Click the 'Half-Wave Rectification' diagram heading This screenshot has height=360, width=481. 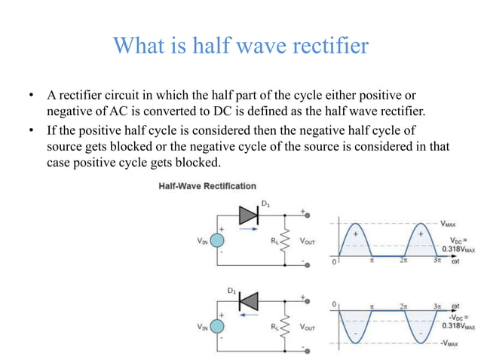(207, 186)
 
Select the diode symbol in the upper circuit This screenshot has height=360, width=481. (248, 215)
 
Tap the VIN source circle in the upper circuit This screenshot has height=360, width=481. (217, 241)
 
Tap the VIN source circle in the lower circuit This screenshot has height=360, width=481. (217, 326)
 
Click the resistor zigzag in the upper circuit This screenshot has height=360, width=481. (283, 241)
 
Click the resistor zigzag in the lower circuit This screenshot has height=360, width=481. (283, 326)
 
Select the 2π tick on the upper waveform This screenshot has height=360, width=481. (404, 262)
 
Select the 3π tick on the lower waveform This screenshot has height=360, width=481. (437, 306)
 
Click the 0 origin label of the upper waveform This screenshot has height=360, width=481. (333, 264)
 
